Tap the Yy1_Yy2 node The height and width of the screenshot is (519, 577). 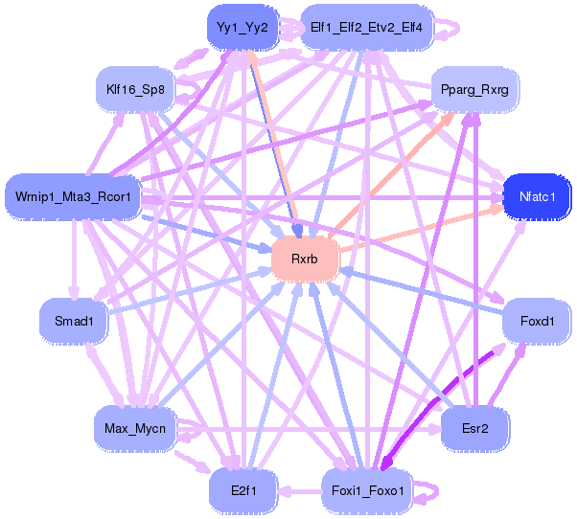242,28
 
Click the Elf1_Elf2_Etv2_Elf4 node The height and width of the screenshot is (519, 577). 367,28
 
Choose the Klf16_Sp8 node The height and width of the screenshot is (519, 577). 136,91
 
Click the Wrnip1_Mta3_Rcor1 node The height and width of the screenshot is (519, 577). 73,198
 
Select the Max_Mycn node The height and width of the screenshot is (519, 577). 134,426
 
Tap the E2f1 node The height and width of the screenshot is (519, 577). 242,489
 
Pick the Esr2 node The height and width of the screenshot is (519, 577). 474,428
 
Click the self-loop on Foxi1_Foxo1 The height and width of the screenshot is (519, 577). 433,490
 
